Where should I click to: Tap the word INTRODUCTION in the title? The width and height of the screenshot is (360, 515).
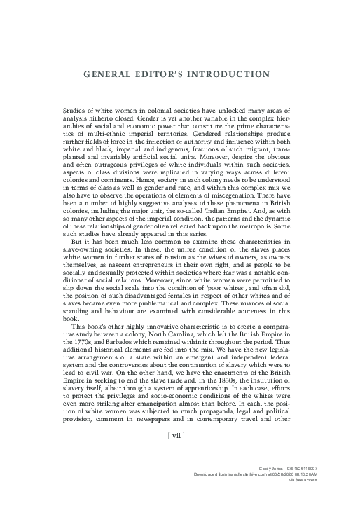tap(226, 73)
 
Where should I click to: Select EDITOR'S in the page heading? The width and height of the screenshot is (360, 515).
tap(158, 73)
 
